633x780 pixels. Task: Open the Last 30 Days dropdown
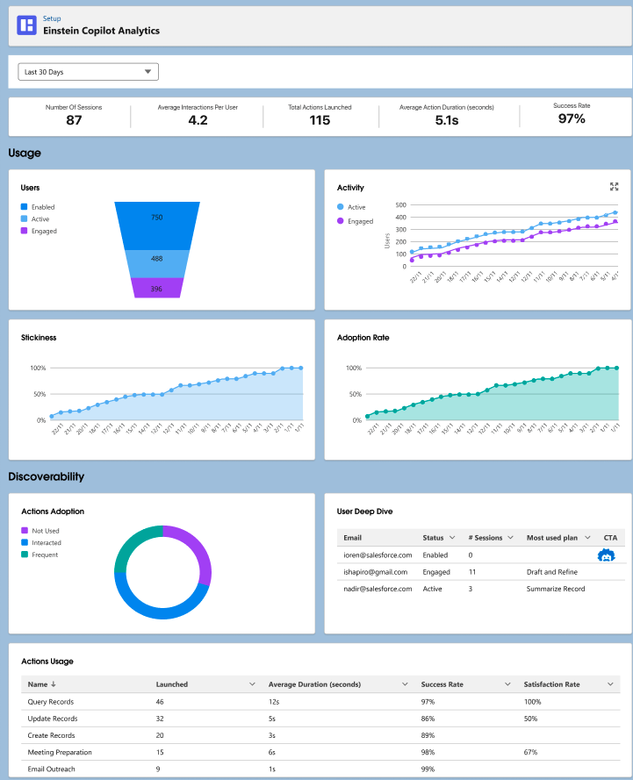click(x=88, y=72)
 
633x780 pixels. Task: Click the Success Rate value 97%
click(x=572, y=119)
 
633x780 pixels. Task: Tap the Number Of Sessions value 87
click(x=74, y=120)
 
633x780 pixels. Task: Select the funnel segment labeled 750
click(x=157, y=218)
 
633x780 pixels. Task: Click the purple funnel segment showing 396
click(x=157, y=288)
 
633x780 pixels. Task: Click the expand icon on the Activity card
click(x=614, y=187)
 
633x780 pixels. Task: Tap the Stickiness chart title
click(x=39, y=337)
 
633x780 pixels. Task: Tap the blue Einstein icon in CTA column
click(x=606, y=555)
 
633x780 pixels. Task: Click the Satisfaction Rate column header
click(x=551, y=684)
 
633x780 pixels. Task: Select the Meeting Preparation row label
click(x=59, y=752)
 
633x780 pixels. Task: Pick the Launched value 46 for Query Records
click(x=161, y=702)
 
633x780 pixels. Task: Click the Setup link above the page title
click(x=52, y=18)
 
